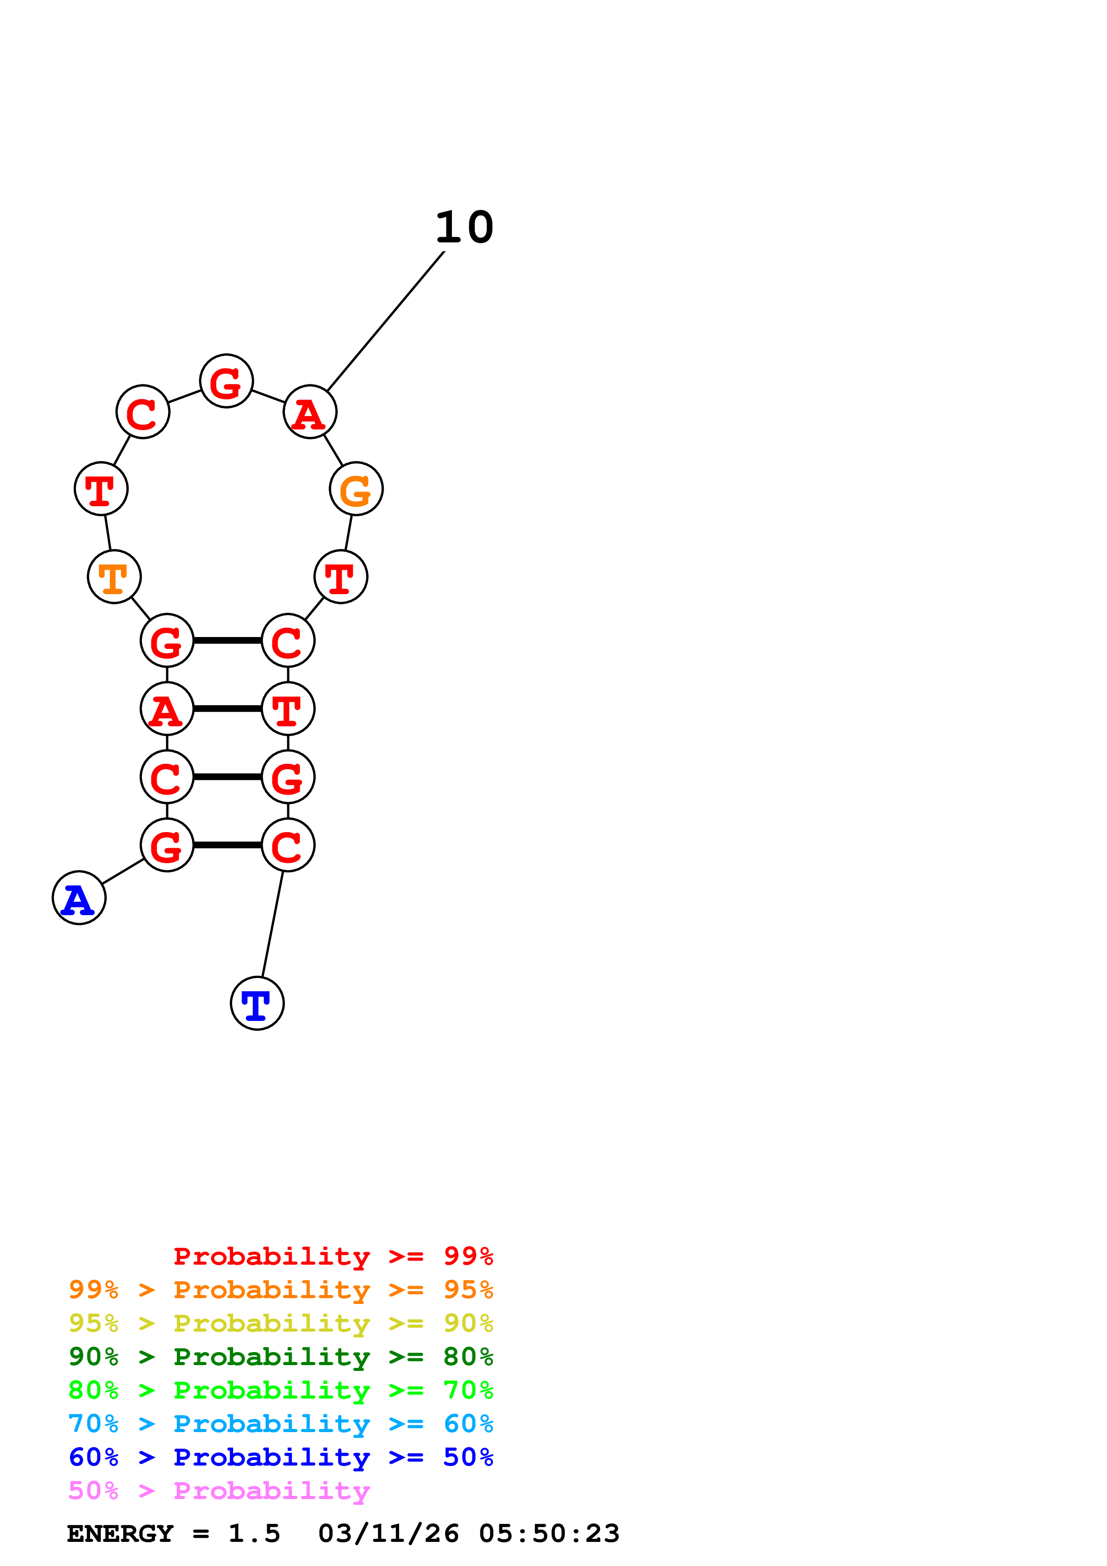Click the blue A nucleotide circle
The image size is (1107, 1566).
(79, 898)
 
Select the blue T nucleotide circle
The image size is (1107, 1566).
(257, 1004)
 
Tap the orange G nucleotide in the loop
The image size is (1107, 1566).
(356, 489)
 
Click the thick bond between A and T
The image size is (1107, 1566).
(227, 708)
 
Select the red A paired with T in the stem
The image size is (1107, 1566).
(167, 708)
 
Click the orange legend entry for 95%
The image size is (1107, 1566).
(281, 1290)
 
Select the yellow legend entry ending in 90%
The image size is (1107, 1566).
(281, 1323)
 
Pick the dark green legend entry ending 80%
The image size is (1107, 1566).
(281, 1357)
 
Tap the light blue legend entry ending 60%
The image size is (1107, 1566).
(281, 1424)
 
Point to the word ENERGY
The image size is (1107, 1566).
(120, 1533)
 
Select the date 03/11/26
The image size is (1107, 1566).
(388, 1533)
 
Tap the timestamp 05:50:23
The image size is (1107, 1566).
(549, 1533)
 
